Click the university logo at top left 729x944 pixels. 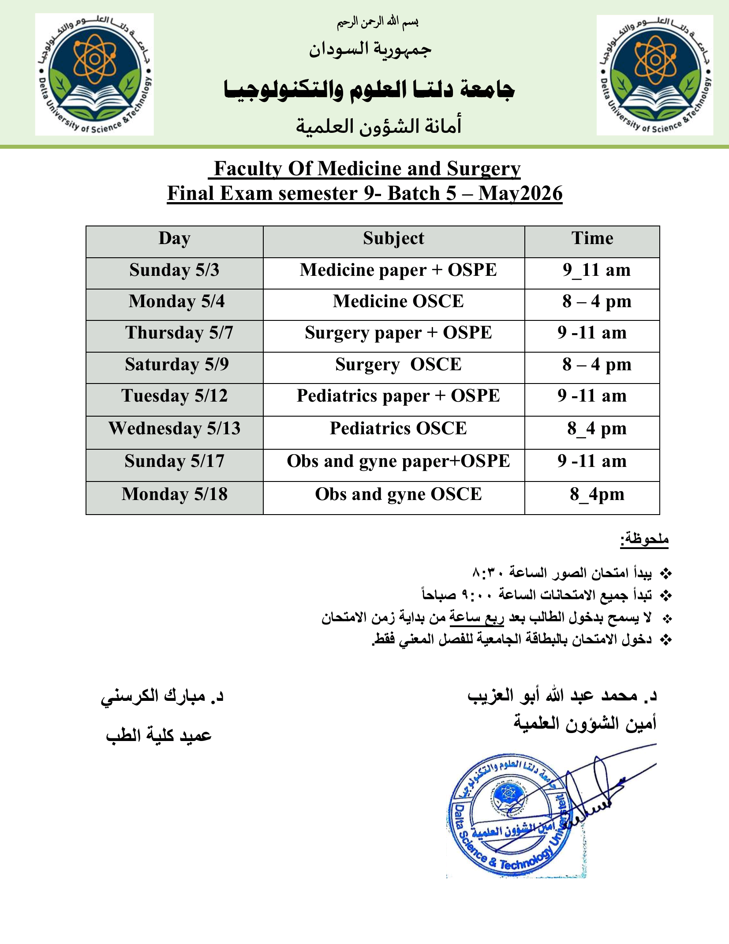pyautogui.click(x=94, y=74)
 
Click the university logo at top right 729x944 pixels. pyautogui.click(x=655, y=75)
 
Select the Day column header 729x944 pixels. pyautogui.click(x=175, y=239)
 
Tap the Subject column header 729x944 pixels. pyautogui.click(x=393, y=239)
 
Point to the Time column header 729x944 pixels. pyautogui.click(x=592, y=239)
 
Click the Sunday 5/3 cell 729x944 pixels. pyautogui.click(x=175, y=270)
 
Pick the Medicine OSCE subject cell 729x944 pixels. pyautogui.click(x=398, y=301)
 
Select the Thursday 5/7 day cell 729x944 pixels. pyautogui.click(x=179, y=333)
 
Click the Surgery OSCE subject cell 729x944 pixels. pyautogui.click(x=398, y=365)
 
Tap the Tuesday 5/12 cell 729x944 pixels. pyautogui.click(x=175, y=396)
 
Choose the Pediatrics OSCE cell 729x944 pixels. pyautogui.click(x=398, y=429)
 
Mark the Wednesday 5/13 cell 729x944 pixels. pyautogui.click(x=175, y=429)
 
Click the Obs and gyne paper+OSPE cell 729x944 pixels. pyautogui.click(x=398, y=461)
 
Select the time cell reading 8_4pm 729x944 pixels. pyautogui.click(x=597, y=494)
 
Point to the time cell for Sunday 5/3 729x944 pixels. pyautogui.click(x=596, y=270)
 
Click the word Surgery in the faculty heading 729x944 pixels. pyautogui.click(x=483, y=169)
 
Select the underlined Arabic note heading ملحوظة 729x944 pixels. pyautogui.click(x=644, y=539)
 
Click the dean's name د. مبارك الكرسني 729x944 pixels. pyautogui.click(x=162, y=696)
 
